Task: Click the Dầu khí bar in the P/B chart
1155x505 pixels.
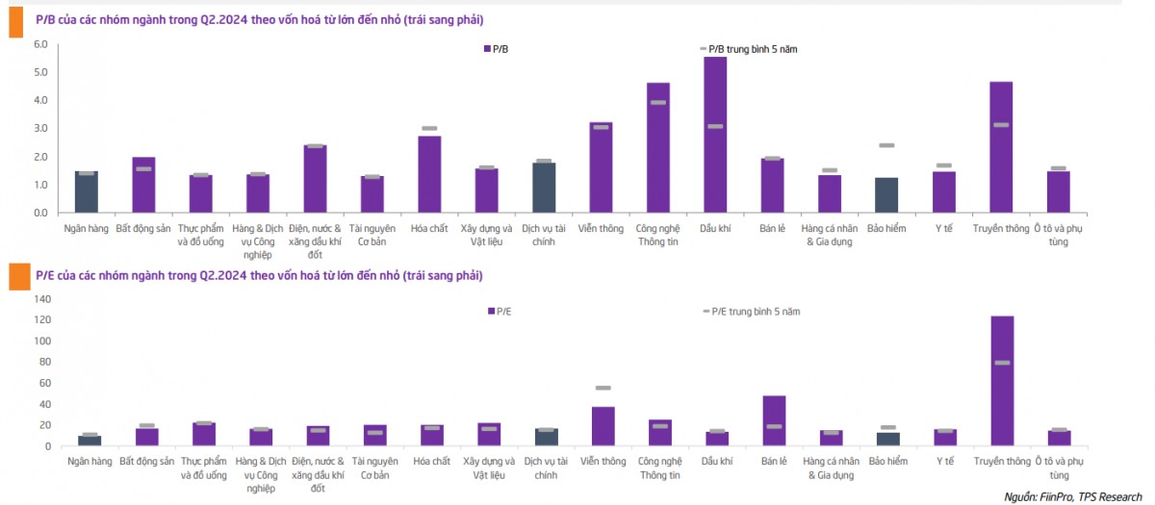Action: tap(715, 135)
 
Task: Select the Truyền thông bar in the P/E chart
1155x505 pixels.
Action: tap(1002, 380)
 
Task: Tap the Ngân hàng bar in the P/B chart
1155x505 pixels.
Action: tap(87, 191)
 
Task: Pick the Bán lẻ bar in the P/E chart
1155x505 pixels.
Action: tap(773, 420)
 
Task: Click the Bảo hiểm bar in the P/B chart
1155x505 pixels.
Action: tap(886, 194)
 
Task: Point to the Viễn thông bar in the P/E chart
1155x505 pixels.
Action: tap(603, 426)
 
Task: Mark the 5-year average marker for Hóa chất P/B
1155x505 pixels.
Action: tap(429, 128)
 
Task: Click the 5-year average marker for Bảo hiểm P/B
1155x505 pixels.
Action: tap(886, 145)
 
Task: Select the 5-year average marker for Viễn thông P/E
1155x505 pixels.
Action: tap(603, 388)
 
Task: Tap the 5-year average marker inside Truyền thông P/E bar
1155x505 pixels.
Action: tap(1002, 363)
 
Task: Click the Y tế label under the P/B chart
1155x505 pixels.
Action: tap(943, 228)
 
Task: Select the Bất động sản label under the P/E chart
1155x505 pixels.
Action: tap(146, 462)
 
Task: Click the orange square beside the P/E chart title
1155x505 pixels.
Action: tap(16, 277)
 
